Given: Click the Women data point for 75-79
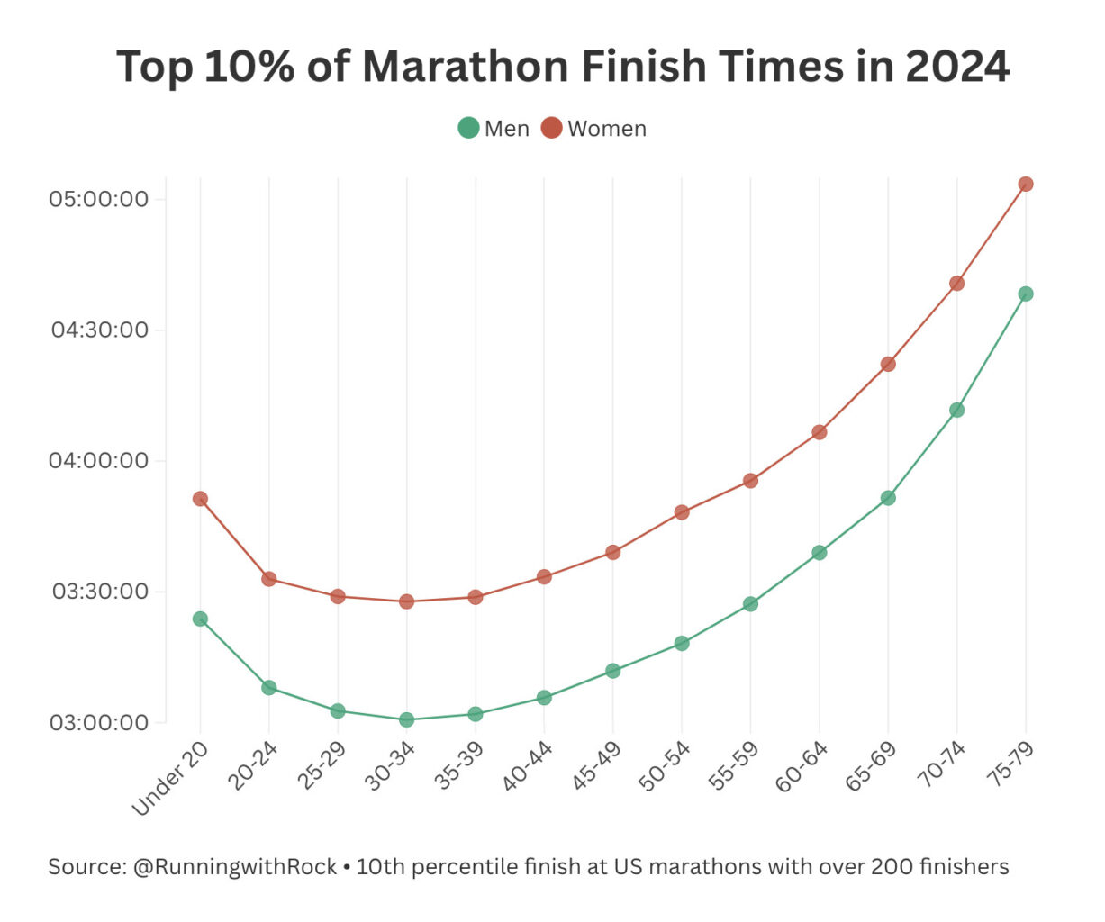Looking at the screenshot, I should click(1025, 185).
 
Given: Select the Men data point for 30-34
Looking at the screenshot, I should click(406, 719).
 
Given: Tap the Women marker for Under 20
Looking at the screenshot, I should click(200, 499).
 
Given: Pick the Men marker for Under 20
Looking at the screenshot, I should click(200, 619).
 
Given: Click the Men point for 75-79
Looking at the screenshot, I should click(1025, 294).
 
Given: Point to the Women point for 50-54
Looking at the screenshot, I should click(682, 512).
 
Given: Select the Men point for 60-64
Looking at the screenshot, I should click(820, 553).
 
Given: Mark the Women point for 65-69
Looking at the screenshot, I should click(888, 365).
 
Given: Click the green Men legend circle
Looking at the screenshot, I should click(468, 128).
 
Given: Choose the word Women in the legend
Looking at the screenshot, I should click(607, 129).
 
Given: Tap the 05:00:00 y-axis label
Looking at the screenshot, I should click(99, 198).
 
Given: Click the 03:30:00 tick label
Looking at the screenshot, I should click(99, 592).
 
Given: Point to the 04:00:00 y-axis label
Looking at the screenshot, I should click(99, 460).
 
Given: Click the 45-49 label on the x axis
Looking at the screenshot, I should click(596, 767).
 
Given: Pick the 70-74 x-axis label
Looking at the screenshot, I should click(940, 767).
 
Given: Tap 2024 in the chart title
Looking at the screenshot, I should click(957, 67).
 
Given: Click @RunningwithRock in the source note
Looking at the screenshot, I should click(235, 867).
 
